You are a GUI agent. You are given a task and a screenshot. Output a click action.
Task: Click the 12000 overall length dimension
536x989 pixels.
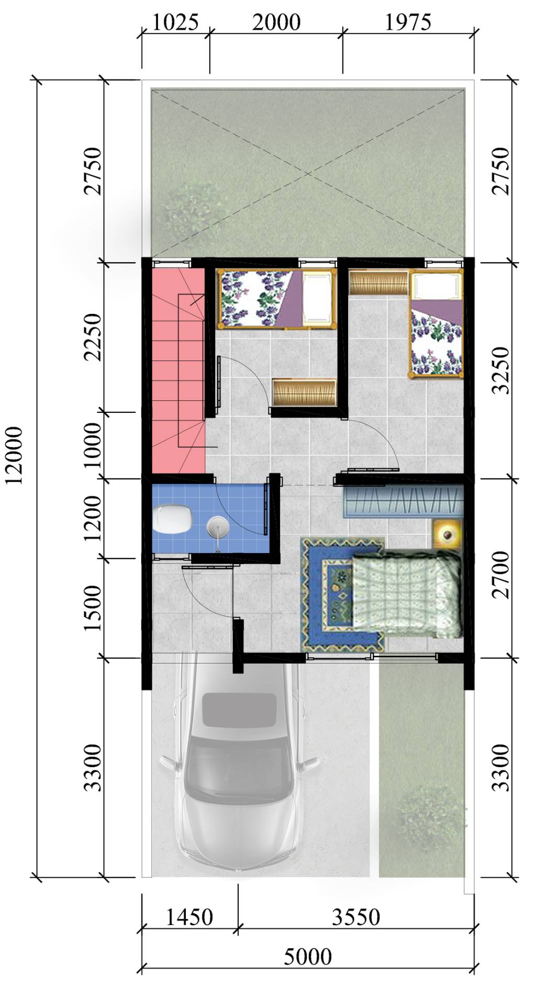(x=14, y=455)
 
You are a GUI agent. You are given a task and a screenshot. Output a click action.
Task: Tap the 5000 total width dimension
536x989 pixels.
(x=308, y=957)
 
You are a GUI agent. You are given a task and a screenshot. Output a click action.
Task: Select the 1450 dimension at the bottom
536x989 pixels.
(x=189, y=917)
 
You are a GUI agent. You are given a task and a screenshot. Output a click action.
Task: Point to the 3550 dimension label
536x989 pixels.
(x=356, y=917)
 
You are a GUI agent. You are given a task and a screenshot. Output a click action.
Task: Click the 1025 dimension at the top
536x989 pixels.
(x=175, y=23)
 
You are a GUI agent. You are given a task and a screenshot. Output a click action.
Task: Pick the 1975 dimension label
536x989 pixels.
(x=408, y=23)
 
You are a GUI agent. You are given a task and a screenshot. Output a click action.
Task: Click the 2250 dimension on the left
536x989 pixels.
(x=94, y=337)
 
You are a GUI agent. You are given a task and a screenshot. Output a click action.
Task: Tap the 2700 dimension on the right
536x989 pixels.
(x=501, y=574)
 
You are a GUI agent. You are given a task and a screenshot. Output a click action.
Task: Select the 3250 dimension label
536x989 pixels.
(x=501, y=369)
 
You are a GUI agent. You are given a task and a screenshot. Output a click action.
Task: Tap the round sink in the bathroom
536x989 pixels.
(x=217, y=526)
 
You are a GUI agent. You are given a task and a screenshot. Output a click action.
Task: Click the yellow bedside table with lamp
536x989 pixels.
(x=448, y=534)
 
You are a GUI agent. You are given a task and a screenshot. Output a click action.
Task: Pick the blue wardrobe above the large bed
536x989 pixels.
(x=403, y=501)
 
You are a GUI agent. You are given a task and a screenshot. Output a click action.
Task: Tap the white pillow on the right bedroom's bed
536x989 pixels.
(x=436, y=286)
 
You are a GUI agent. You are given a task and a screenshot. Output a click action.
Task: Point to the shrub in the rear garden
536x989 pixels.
(x=194, y=209)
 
